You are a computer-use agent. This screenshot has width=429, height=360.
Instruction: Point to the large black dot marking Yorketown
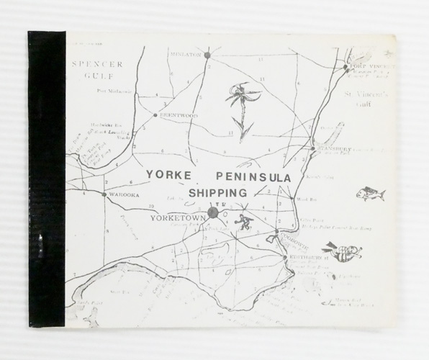pos(213,212)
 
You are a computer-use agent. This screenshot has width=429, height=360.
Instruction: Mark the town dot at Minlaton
pos(207,55)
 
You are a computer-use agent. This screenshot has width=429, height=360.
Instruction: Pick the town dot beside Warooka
pos(105,194)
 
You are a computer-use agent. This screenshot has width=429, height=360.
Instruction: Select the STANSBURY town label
pos(333,148)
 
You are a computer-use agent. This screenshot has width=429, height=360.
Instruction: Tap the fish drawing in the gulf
pos(371,194)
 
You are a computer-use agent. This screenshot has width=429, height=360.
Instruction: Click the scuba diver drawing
pos(341,251)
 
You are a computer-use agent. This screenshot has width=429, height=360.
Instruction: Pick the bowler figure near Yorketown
pos(246,220)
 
